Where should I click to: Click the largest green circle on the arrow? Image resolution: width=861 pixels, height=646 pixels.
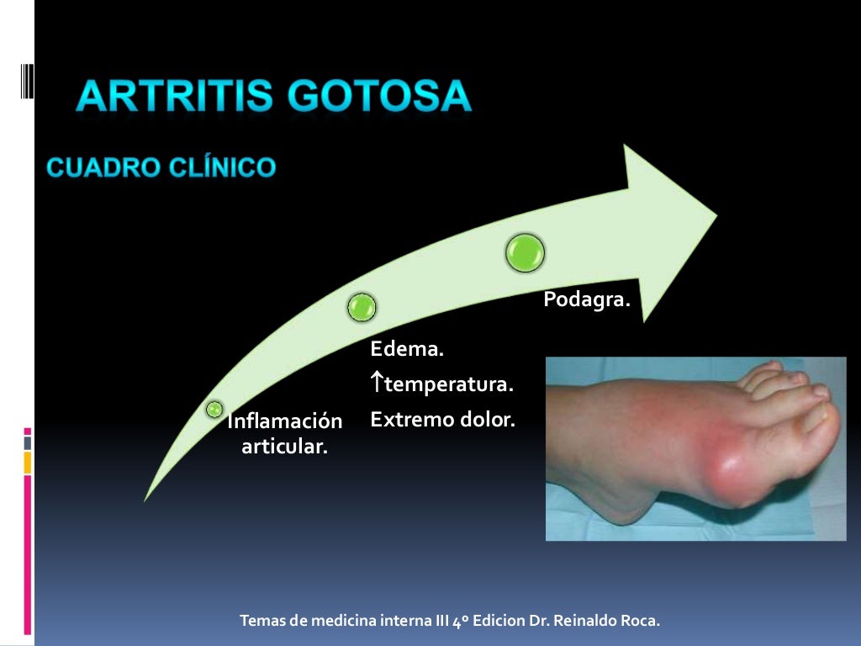tap(525, 252)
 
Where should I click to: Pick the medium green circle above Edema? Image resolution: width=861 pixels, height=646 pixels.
tap(362, 307)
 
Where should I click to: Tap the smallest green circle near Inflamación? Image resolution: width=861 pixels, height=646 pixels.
tap(214, 410)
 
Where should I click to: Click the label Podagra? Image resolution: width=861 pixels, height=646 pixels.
tap(586, 299)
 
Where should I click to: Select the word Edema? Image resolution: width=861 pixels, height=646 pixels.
tap(407, 348)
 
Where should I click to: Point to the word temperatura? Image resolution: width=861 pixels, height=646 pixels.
tap(448, 385)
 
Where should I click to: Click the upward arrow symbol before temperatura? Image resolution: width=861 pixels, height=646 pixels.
tap(377, 384)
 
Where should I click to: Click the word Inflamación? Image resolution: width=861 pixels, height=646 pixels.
tap(285, 421)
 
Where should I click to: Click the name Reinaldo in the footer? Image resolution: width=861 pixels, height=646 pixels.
tap(586, 622)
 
